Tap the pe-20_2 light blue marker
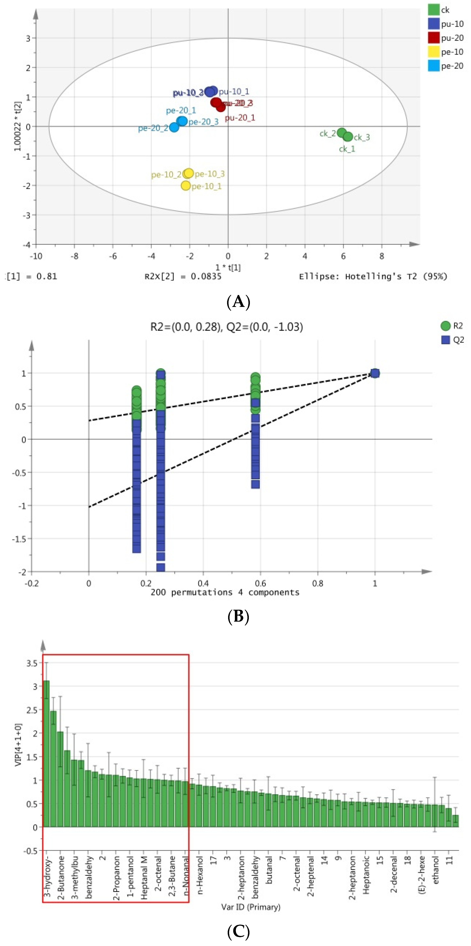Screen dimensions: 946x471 174,127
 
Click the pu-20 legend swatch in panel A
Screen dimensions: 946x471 434,38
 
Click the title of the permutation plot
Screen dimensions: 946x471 226,327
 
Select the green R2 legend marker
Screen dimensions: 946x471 445,326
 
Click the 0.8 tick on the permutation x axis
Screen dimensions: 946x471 318,583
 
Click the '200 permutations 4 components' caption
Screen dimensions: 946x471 225,592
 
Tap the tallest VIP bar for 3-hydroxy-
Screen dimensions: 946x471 46,753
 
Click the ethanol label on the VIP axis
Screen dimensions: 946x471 436,870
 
